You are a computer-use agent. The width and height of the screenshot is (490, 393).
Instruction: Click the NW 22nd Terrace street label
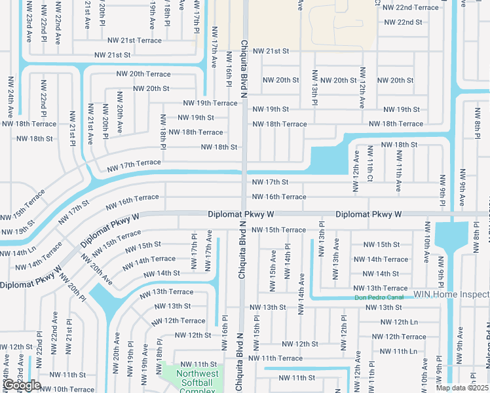coord(411,7)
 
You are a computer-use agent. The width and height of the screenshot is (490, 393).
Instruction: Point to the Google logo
coord(22,385)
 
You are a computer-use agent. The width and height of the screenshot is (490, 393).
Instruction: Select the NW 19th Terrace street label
coord(210,103)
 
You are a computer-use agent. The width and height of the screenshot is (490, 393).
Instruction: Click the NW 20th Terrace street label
coord(143,74)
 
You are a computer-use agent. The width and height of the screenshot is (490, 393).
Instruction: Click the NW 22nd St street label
coord(403,22)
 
